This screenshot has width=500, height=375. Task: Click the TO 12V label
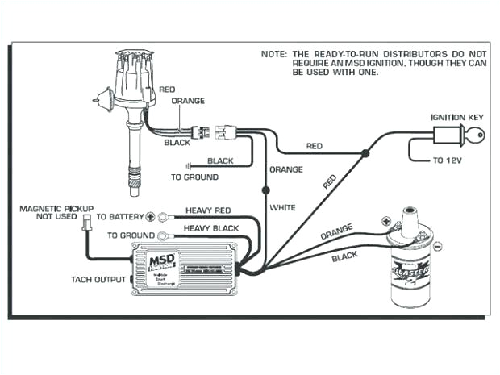(x=448, y=160)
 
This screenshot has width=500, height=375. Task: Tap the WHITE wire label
(x=282, y=207)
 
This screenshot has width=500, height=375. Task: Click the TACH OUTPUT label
(x=98, y=279)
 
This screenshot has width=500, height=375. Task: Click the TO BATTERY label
(x=119, y=217)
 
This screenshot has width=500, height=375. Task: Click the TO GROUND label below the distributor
(x=194, y=177)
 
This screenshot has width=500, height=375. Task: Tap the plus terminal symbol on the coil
(x=388, y=219)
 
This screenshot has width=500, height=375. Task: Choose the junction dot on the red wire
(x=365, y=152)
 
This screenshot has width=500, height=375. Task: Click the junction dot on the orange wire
(x=265, y=191)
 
